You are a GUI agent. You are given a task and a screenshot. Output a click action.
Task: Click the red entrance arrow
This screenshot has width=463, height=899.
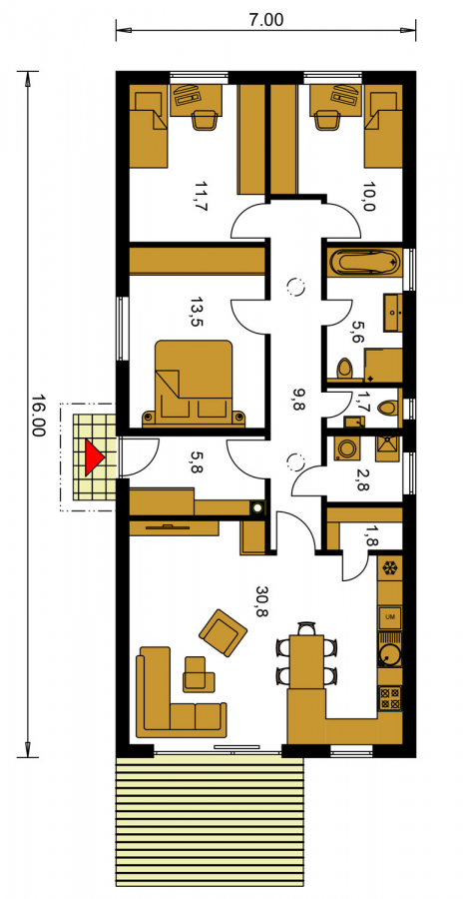point(93,457)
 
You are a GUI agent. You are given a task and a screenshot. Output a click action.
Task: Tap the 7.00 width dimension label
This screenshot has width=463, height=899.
point(265,20)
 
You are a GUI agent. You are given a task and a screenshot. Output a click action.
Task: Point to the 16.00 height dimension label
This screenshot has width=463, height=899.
point(37,416)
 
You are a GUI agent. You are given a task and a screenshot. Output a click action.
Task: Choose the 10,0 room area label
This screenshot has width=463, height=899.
point(368,197)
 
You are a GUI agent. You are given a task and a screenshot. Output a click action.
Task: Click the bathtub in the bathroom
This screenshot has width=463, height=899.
point(365,263)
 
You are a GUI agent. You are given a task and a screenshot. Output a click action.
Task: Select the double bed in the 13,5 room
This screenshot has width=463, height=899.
point(194,383)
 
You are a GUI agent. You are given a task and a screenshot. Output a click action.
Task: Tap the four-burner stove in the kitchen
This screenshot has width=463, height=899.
point(390,698)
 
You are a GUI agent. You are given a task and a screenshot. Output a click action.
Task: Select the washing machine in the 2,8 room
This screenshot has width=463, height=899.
point(346,449)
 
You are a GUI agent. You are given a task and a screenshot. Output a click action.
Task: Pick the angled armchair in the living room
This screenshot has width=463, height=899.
point(223,632)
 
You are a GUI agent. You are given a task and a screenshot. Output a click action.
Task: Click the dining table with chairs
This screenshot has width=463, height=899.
point(306,655)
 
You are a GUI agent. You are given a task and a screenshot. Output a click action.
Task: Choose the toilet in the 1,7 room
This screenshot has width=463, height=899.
point(389,408)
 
